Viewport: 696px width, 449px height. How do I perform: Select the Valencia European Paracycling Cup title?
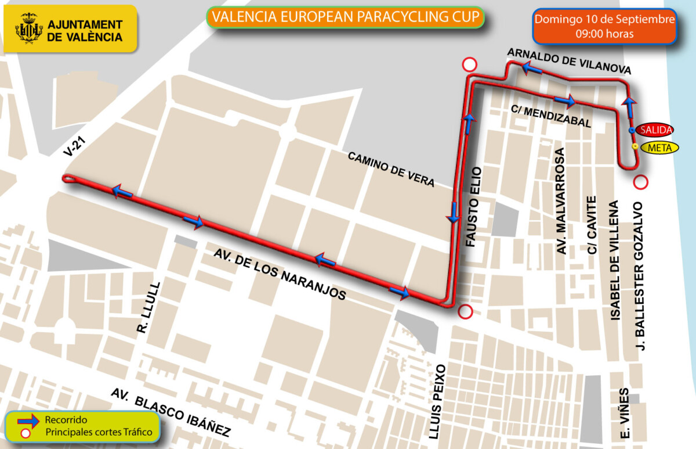pyautogui.click(x=346, y=17)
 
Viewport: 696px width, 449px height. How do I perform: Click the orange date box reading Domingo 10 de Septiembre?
pyautogui.click(x=604, y=26)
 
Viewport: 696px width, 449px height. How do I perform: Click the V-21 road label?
pyautogui.click(x=72, y=145)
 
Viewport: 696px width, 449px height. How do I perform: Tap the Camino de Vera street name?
pyautogui.click(x=391, y=169)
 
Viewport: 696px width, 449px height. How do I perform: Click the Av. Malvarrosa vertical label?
pyautogui.click(x=561, y=200)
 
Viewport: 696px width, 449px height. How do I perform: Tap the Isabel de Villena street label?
pyautogui.click(x=615, y=260)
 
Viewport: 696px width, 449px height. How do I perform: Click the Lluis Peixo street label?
pyautogui.click(x=440, y=401)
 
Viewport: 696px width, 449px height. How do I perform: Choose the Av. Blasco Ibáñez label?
pyautogui.click(x=171, y=412)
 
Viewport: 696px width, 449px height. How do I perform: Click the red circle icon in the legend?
pyautogui.click(x=25, y=433)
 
